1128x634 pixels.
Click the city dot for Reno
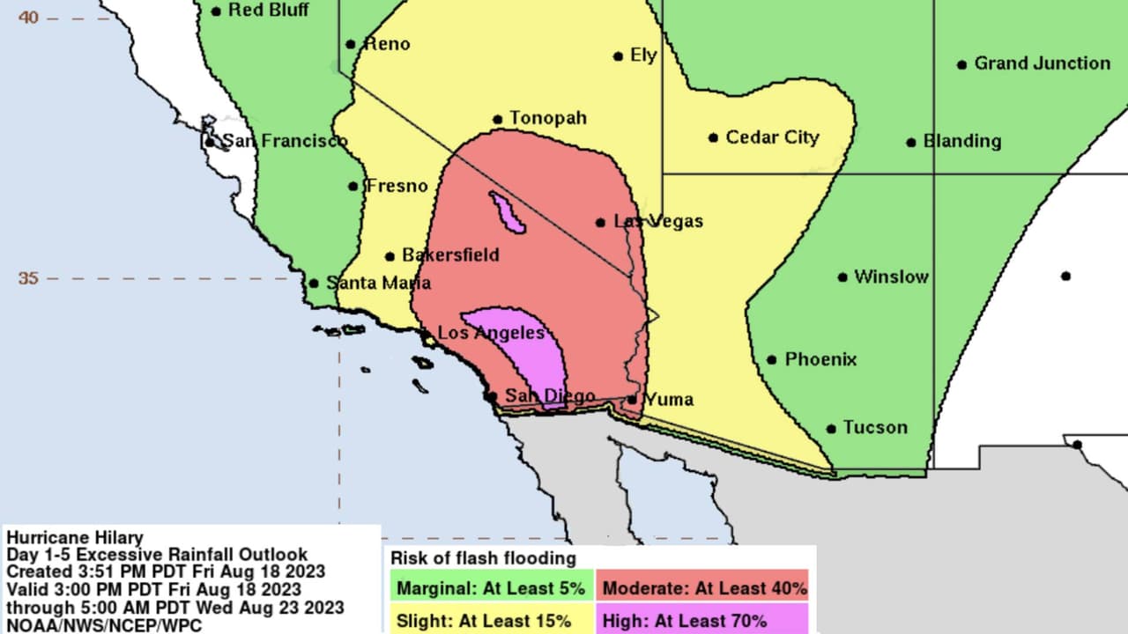[x=350, y=44]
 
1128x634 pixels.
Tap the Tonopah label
[x=547, y=118]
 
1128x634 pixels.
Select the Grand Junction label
[x=1042, y=63]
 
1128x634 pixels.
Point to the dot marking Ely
[x=618, y=56]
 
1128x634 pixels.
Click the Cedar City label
[x=772, y=137]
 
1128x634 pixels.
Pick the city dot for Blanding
[x=911, y=142]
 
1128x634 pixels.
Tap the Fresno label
[x=397, y=186]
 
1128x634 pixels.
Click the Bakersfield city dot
[x=390, y=257]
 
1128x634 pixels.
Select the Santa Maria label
[x=378, y=283]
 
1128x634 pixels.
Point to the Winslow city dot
[x=842, y=277]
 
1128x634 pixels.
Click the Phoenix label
[x=820, y=359]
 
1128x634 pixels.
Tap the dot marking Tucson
[x=831, y=429]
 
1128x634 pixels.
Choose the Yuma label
[x=669, y=400]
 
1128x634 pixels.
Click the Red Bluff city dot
[x=216, y=11]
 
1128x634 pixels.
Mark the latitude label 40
[x=28, y=17]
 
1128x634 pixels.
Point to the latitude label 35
[x=28, y=278]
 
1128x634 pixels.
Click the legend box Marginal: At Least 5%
[x=491, y=587]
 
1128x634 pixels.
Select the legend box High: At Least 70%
[x=704, y=621]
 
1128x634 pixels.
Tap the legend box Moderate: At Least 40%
[x=704, y=587]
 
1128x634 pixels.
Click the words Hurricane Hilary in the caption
[x=74, y=538]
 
